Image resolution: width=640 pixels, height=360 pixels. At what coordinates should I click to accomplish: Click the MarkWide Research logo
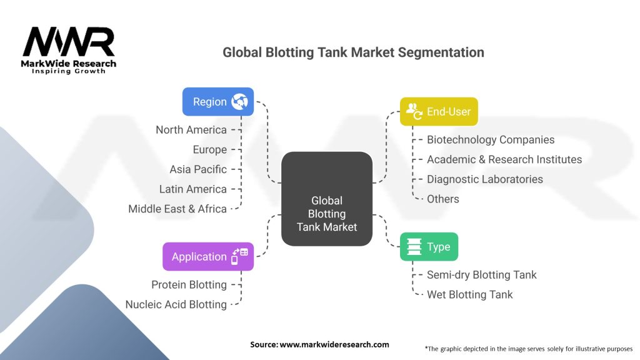69,50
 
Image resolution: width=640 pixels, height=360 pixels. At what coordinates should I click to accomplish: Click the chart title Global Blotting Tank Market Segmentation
353,52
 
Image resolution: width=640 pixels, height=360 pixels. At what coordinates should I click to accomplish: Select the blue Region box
217,101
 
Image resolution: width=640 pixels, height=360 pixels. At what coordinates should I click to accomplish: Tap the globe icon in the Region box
239,102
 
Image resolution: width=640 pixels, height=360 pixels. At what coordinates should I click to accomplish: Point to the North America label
191,130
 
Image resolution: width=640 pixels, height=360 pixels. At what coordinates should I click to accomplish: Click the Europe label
210,150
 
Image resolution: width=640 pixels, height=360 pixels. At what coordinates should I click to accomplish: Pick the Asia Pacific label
198,169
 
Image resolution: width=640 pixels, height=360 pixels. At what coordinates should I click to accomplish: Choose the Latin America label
193,189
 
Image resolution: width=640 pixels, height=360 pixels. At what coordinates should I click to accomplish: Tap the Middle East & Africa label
177,209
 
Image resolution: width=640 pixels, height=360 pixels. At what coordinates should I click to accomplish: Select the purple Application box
208,256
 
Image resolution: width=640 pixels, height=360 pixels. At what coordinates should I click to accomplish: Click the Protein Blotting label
189,284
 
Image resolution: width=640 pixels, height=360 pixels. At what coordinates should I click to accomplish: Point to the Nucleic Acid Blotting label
176,304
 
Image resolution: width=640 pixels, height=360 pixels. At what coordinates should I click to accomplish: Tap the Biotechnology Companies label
491,140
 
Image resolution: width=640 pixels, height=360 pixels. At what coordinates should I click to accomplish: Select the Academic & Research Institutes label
504,159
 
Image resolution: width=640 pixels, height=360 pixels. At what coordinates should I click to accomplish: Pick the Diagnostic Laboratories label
485,179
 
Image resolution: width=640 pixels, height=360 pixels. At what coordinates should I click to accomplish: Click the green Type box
429,246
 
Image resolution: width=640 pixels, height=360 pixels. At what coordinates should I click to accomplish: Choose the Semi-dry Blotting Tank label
481,275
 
